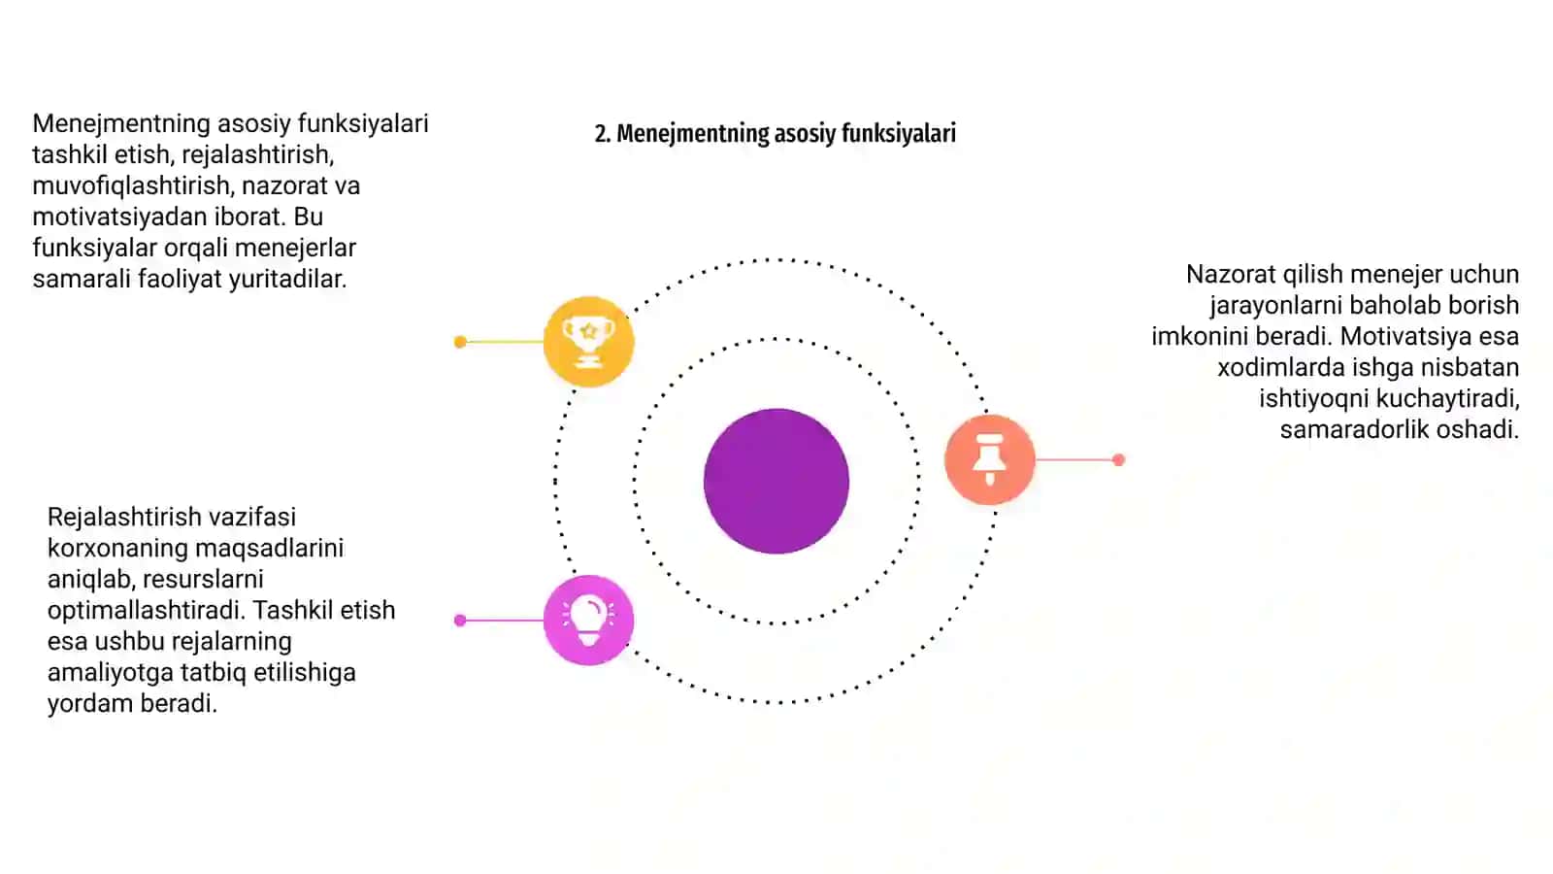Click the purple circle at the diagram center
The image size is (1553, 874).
tap(776, 481)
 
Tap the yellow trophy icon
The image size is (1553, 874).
tap(588, 341)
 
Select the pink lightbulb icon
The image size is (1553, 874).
tap(588, 620)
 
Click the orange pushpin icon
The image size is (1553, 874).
tap(989, 459)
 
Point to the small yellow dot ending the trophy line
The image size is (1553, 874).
tap(460, 341)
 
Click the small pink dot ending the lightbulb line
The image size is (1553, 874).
tap(460, 621)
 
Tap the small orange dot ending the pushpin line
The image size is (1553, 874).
tap(1118, 459)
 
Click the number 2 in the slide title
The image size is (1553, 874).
tap(602, 133)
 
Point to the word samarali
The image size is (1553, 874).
tap(82, 279)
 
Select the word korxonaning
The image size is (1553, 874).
tap(117, 548)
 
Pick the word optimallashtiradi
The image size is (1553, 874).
tap(146, 611)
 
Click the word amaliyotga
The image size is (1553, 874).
tap(111, 673)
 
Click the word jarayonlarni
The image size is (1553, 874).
tap(1276, 306)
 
